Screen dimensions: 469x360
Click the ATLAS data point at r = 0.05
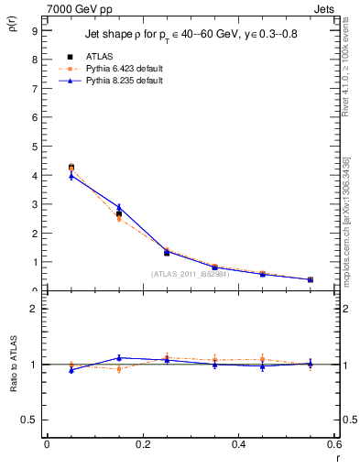coord(71,167)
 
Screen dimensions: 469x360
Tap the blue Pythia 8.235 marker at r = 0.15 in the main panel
coord(119,207)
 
